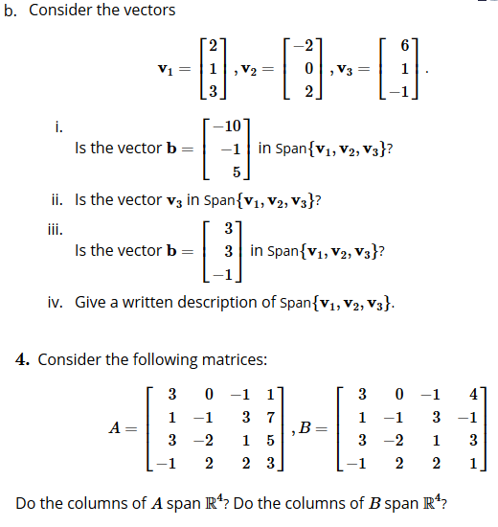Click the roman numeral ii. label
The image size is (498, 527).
click(57, 200)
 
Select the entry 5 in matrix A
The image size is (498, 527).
click(273, 442)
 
